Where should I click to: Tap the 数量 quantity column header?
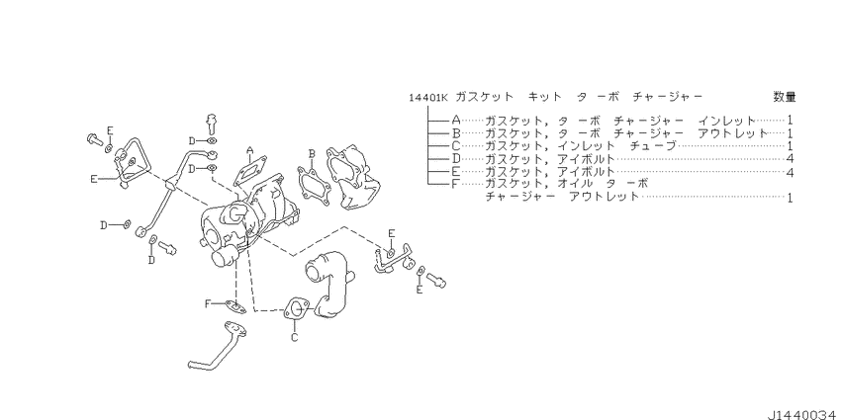click(785, 97)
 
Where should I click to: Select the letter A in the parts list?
click(455, 119)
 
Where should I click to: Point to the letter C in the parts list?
click(455, 145)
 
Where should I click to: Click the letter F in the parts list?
click(455, 184)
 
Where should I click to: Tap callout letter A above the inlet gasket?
click(250, 151)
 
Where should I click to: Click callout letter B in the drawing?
click(311, 154)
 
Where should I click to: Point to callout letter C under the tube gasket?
click(294, 337)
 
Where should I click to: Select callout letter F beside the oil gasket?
click(208, 303)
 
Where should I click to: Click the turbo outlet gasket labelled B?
click(314, 183)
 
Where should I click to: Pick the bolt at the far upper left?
click(91, 139)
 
